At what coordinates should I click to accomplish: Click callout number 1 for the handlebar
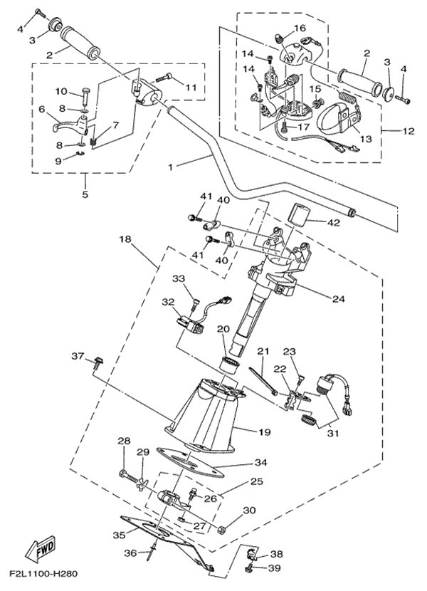[x=170, y=167]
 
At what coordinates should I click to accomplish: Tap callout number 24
[x=337, y=299]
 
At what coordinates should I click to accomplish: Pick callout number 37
[x=78, y=355]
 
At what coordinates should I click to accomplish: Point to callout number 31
[x=332, y=432]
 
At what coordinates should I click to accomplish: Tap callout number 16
[x=300, y=28]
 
